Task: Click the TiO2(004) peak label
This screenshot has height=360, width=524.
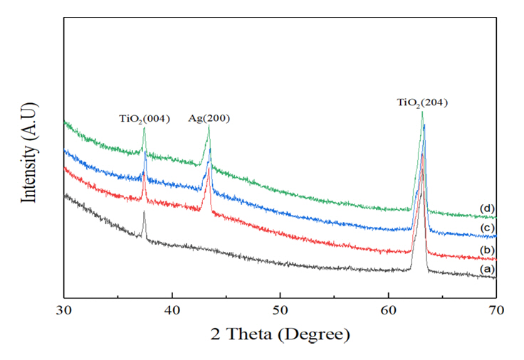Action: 144,119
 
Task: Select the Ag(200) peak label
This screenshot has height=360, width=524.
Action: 209,119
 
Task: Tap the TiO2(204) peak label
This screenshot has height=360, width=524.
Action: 422,103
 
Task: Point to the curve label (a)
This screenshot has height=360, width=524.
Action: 487,269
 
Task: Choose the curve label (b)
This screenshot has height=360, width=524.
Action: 487,250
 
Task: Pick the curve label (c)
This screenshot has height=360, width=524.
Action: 487,228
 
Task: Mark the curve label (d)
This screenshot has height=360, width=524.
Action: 487,208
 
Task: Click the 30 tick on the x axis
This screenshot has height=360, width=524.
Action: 64,310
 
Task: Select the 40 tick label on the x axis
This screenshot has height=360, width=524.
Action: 172,310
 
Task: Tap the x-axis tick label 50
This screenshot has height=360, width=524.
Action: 280,310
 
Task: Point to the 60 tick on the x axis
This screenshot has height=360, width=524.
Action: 388,310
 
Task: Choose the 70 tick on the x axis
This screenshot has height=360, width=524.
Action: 496,310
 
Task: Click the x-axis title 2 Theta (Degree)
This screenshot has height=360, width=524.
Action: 280,334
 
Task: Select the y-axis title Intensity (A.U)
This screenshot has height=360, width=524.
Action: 31,153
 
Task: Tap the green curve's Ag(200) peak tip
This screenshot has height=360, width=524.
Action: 209,127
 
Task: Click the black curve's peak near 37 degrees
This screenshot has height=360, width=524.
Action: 144,212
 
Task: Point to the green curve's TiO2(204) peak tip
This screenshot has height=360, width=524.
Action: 422,112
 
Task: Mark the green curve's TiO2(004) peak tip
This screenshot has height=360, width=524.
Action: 144,129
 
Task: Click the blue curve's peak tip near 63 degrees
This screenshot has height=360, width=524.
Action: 424,125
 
